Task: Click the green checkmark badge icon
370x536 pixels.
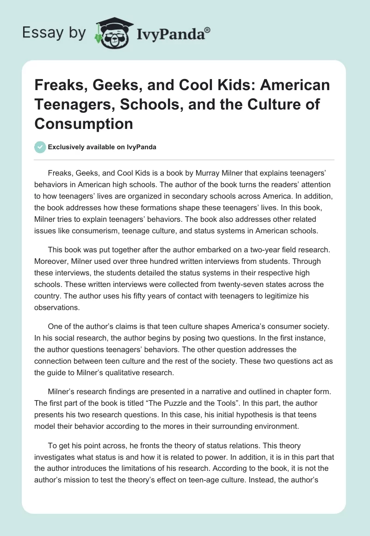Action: [40, 147]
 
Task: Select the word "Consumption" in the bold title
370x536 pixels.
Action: [84, 123]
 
